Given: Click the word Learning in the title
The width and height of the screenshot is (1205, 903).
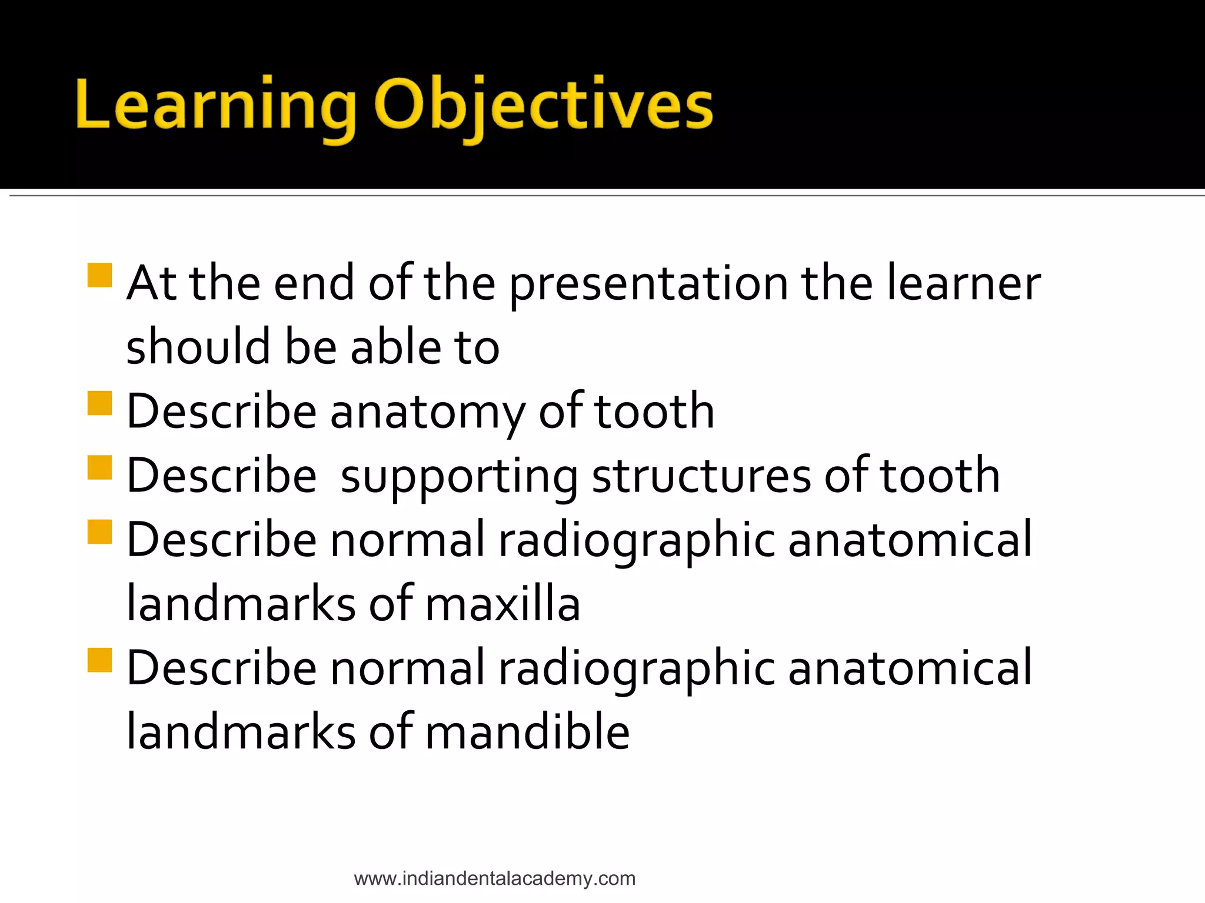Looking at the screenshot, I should [x=215, y=106].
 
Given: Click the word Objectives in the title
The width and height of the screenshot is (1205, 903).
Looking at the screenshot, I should [x=543, y=106].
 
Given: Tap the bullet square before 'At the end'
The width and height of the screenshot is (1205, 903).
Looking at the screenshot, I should [x=99, y=275].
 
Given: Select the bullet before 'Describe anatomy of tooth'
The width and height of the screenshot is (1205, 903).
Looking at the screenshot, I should [x=99, y=403].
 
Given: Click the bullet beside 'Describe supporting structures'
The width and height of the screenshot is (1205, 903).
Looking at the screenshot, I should [x=99, y=467].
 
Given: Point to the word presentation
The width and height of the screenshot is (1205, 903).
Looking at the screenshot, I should [x=648, y=285].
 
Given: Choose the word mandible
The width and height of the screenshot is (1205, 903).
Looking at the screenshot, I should [x=527, y=732].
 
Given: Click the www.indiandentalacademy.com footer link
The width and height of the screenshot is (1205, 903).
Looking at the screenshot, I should [x=494, y=878].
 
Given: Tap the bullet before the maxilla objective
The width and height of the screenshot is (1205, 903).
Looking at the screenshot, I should [x=99, y=531].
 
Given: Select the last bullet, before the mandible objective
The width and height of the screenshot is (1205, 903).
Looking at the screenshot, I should [x=99, y=660].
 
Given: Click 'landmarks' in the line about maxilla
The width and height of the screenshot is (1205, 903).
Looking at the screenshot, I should [x=241, y=604].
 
